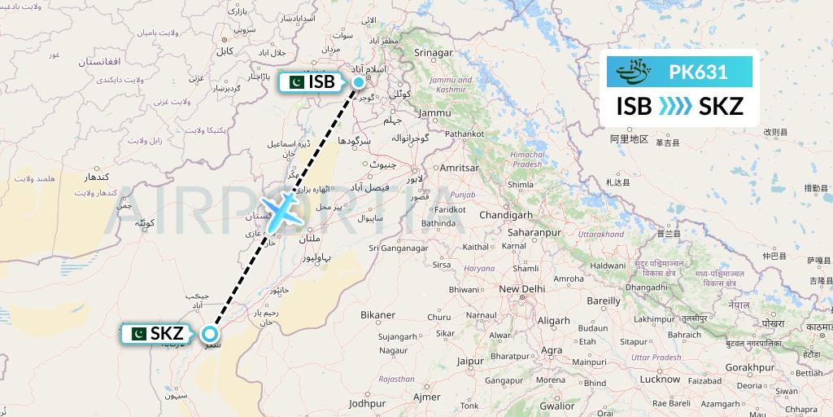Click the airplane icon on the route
[281, 210]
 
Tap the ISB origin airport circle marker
[359, 81]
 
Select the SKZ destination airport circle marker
[210, 333]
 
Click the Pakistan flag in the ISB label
[294, 81]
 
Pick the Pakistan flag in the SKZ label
[136, 333]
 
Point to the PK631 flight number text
[698, 72]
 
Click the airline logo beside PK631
[635, 72]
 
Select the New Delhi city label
[521, 289]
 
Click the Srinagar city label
[433, 53]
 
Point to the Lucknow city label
[660, 379]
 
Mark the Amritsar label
[459, 167]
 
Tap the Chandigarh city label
[505, 215]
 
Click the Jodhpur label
[367, 402]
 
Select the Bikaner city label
[377, 314]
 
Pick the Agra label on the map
[552, 350]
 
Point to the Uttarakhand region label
[600, 235]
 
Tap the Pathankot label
[464, 133]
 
